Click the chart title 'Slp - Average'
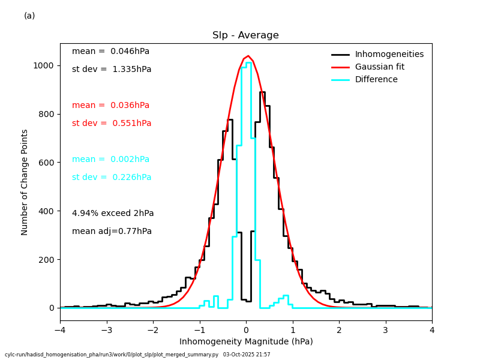pos(245,35)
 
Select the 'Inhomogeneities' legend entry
pos(389,55)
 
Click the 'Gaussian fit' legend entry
pos(379,67)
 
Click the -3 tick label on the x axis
pos(106,330)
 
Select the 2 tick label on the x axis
pos(339,330)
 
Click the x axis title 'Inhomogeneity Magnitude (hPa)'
pos(246,342)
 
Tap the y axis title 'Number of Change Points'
pos(25,182)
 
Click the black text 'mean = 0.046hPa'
pos(110,52)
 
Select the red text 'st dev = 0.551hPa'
pos(112,124)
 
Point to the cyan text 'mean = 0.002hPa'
pos(110,160)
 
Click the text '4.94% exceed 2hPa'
pos(113,214)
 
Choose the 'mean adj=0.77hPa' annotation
pos(112,232)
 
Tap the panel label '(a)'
pos(29,16)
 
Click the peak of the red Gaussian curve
pos(248,56)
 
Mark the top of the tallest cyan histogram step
pos(248,62)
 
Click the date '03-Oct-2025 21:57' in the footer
pos(247,355)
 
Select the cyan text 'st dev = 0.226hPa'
pos(112,178)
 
